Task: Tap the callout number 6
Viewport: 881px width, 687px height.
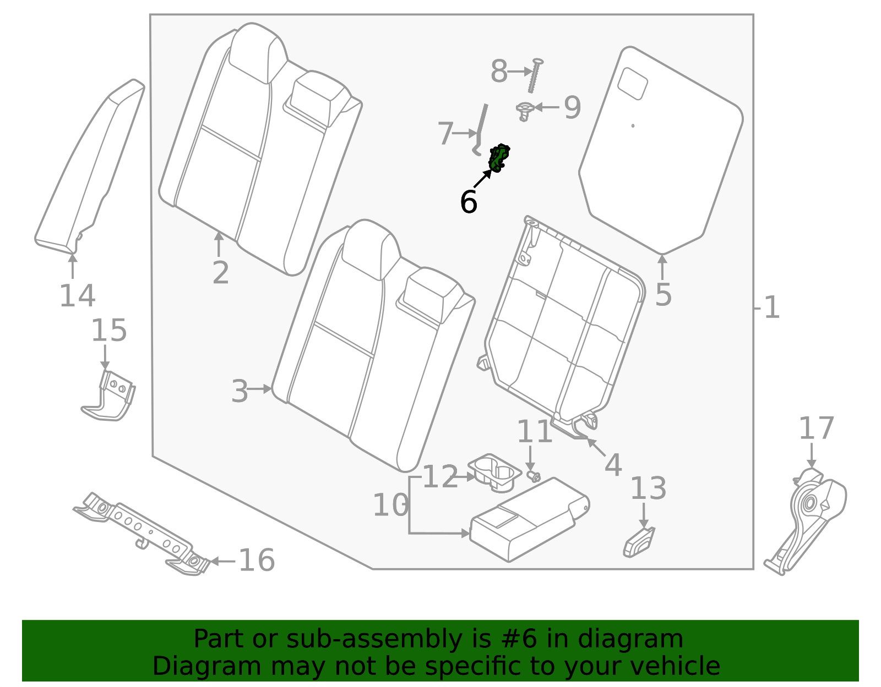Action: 468,202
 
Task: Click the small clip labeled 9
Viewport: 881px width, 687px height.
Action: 524,111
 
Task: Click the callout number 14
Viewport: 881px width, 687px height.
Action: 77,295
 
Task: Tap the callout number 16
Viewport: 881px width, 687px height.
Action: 257,560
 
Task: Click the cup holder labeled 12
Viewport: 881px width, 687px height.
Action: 494,472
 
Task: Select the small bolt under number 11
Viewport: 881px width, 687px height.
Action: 533,475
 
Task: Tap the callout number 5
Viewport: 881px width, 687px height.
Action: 663,294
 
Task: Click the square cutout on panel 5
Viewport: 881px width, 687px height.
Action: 633,83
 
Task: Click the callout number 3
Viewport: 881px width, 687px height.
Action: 240,392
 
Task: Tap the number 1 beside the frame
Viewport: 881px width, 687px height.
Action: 772,307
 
